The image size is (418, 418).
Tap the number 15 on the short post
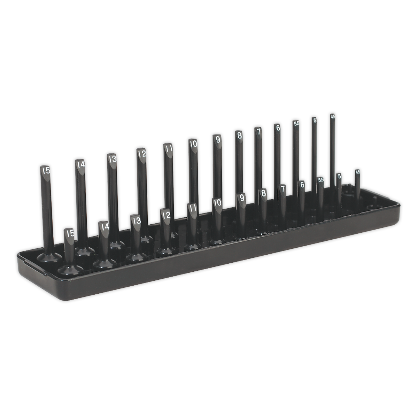[x=70, y=233]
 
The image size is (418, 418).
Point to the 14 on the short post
[x=104, y=226]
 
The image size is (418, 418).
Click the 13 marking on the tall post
[x=112, y=159]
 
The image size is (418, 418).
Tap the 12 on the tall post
[x=141, y=154]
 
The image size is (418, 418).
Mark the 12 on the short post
[x=166, y=215]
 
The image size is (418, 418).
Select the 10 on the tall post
[x=193, y=143]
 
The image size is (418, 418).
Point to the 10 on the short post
[x=217, y=202]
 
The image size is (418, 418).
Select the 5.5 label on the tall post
[x=296, y=123]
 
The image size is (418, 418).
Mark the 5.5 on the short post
[x=321, y=180]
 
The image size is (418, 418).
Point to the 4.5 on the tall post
[x=333, y=117]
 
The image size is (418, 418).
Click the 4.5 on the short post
[x=357, y=171]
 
